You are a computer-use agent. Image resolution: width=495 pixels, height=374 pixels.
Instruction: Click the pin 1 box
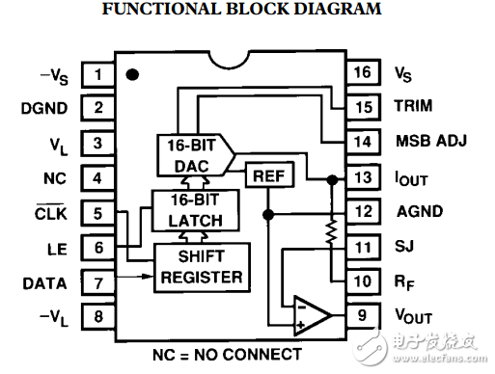[97, 74]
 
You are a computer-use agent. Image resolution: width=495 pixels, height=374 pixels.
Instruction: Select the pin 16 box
[363, 72]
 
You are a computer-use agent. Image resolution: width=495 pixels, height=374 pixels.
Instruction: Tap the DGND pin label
[44, 108]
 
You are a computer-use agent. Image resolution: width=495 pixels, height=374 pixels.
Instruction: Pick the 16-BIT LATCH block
[196, 210]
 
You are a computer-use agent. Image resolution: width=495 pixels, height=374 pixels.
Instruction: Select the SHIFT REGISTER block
[202, 268]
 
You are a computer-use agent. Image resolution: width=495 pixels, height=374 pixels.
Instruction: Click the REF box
[269, 175]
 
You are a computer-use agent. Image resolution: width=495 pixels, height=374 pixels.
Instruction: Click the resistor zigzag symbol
[332, 232]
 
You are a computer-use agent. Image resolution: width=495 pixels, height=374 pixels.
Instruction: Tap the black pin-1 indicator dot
[132, 74]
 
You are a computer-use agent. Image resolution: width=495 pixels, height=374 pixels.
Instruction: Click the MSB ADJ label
[431, 141]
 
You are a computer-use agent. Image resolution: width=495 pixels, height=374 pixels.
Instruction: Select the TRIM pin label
[413, 106]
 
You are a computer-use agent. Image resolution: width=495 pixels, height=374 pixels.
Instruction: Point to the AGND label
[420, 211]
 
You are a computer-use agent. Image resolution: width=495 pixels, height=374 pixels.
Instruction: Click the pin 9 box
[363, 315]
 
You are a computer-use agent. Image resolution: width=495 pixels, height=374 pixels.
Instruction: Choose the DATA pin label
[44, 283]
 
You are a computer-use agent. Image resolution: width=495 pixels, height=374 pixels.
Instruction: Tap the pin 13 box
[363, 177]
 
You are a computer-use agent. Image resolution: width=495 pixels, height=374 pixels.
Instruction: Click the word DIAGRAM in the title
[338, 9]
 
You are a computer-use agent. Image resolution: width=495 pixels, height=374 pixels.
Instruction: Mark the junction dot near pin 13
[332, 179]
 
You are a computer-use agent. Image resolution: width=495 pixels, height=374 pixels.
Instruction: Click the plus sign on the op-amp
[300, 325]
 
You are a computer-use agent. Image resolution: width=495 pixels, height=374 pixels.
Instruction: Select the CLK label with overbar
[50, 212]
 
